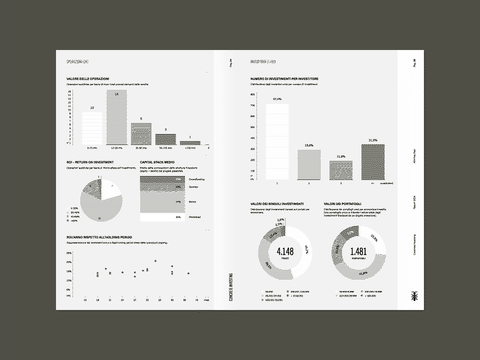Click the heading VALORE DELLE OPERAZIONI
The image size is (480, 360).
(87, 79)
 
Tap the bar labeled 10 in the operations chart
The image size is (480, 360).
(92, 128)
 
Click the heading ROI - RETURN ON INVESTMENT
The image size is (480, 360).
(90, 162)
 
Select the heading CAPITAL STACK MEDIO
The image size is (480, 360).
(156, 162)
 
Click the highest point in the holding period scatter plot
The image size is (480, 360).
(155, 261)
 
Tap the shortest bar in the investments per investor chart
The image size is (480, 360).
(340, 170)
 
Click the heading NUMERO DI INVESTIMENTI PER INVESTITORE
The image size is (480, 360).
(284, 79)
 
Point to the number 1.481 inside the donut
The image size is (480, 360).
(358, 251)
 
